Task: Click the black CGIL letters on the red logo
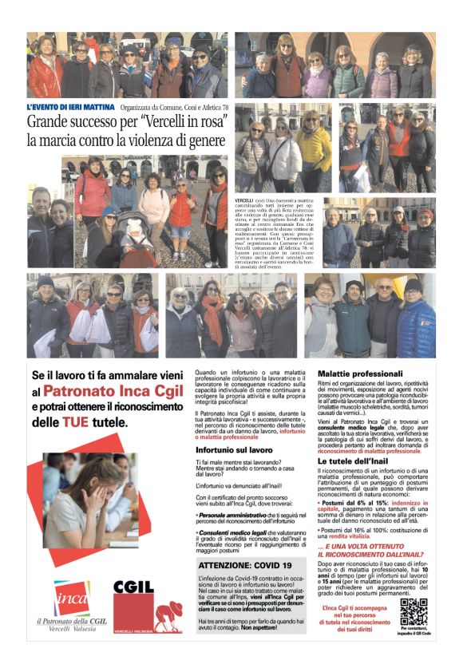click(x=135, y=588)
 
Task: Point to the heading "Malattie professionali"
click(x=360, y=373)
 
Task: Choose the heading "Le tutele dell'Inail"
click(x=355, y=461)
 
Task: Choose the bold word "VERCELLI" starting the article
click(x=244, y=198)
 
